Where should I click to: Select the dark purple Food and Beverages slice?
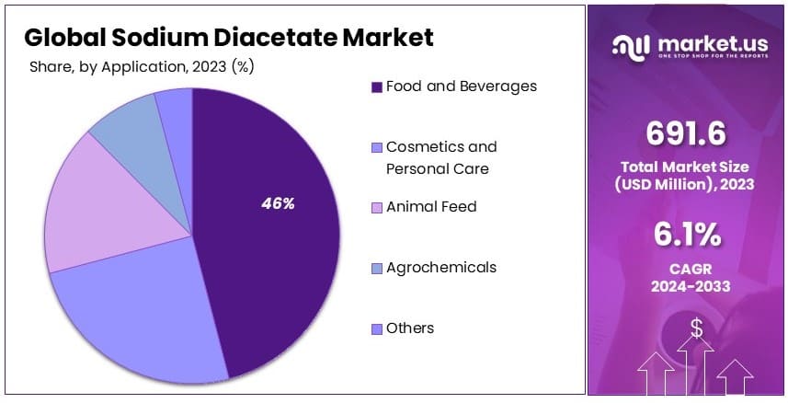276,258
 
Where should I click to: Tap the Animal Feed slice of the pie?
101,207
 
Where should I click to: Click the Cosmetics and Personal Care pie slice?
138,313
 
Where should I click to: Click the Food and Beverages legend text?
461,86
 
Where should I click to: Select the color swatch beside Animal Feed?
376,208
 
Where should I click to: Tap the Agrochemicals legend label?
440,268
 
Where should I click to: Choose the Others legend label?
410,328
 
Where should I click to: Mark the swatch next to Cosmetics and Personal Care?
376,148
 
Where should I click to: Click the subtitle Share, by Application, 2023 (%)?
142,66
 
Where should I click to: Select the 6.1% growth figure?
686,236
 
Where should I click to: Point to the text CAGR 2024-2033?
686,277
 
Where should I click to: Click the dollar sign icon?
696,327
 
